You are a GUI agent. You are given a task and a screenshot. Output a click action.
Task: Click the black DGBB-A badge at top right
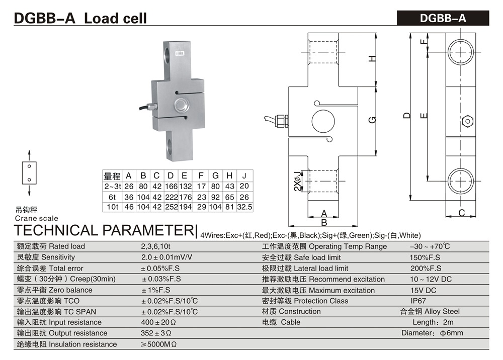point(443,18)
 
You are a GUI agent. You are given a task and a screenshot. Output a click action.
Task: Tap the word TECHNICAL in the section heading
point(56,231)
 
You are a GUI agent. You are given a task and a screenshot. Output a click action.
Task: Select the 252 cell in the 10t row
point(171,207)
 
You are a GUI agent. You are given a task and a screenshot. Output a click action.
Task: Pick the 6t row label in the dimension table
point(112,197)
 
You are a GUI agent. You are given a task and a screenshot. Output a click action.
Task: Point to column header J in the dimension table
point(244,176)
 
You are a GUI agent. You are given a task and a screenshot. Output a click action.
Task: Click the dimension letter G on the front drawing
point(372,120)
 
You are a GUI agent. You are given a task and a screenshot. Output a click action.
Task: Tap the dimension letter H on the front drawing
point(372,58)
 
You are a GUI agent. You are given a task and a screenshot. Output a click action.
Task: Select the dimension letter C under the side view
point(461,213)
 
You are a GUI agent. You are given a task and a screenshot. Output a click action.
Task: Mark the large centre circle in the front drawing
point(322,120)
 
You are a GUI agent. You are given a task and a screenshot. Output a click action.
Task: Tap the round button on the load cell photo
point(181,105)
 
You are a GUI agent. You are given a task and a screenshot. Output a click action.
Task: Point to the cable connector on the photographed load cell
point(151,107)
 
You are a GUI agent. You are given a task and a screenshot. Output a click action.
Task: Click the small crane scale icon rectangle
point(29,172)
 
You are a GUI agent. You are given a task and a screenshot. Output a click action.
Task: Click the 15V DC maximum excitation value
point(424,290)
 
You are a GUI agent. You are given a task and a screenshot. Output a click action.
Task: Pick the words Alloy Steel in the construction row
point(443,312)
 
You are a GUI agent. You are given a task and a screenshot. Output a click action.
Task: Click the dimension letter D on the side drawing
point(407,115)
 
